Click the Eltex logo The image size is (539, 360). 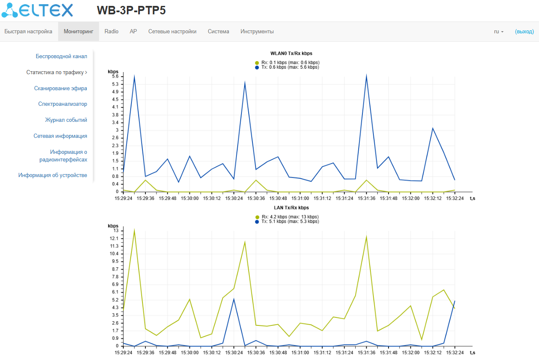click(x=37, y=11)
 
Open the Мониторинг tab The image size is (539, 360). click(x=78, y=32)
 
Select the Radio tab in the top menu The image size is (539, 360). click(x=111, y=32)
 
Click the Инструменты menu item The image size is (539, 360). click(x=257, y=32)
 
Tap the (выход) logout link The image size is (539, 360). click(x=524, y=32)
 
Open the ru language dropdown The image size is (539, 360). click(x=499, y=32)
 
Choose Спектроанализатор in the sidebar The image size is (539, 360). click(x=62, y=104)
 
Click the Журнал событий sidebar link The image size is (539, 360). click(x=66, y=120)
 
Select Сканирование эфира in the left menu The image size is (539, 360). click(x=61, y=89)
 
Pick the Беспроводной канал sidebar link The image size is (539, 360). click(x=62, y=56)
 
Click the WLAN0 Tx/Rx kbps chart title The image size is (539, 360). click(x=291, y=54)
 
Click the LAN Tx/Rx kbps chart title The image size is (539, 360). click(x=291, y=208)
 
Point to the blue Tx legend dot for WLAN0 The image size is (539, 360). click(x=257, y=67)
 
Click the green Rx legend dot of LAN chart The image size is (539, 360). click(x=257, y=217)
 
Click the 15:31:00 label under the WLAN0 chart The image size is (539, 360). click(x=300, y=198)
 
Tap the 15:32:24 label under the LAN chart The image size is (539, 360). click(x=455, y=352)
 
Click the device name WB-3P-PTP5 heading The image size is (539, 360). click(x=131, y=11)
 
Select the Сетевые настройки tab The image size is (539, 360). click(x=172, y=32)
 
